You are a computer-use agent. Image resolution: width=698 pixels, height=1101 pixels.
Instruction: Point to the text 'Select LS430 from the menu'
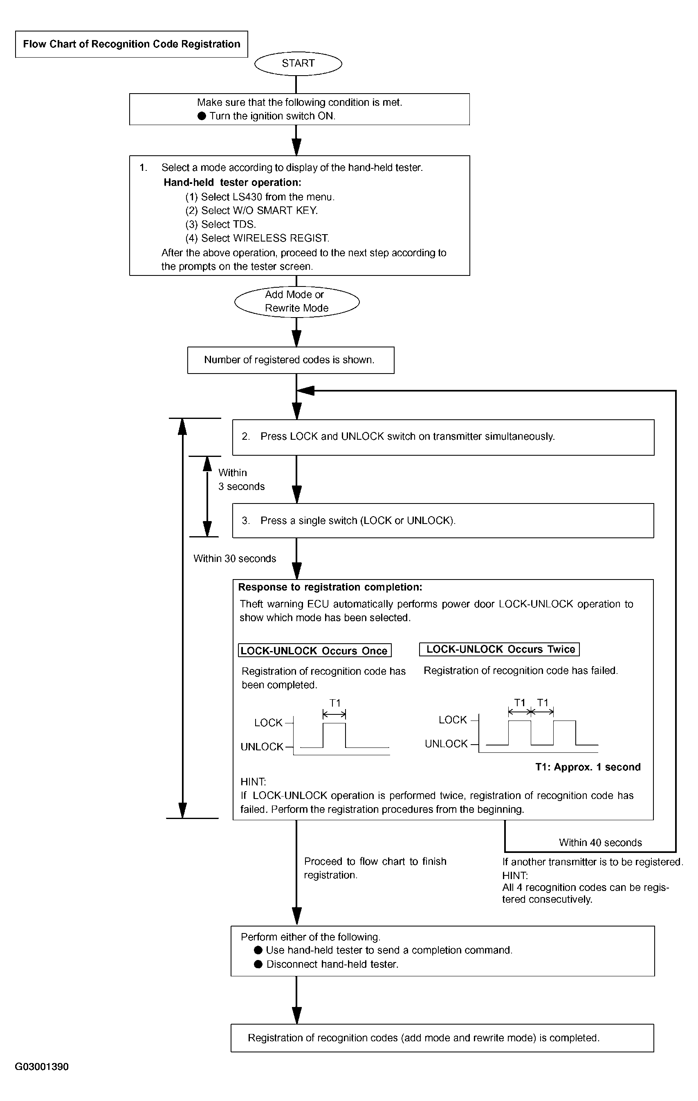click(x=260, y=197)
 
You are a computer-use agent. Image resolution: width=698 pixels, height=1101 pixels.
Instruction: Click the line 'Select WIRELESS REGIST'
click(x=257, y=238)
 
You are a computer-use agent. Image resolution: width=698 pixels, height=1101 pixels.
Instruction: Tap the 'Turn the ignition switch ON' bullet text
click(x=267, y=116)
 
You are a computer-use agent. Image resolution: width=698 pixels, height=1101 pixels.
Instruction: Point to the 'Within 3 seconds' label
click(x=242, y=480)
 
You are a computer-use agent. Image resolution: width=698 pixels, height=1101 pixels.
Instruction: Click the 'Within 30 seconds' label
click(x=235, y=559)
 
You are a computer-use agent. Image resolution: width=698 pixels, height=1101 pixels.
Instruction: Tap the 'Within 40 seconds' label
click(x=600, y=843)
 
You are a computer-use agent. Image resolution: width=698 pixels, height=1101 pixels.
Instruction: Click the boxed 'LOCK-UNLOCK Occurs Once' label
click(x=315, y=651)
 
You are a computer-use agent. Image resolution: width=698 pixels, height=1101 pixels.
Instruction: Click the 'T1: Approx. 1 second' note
click(x=588, y=767)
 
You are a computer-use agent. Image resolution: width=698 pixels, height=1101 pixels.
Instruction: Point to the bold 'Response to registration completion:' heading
click(x=330, y=587)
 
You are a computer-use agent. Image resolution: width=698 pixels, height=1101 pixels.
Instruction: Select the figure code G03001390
click(x=42, y=1067)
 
